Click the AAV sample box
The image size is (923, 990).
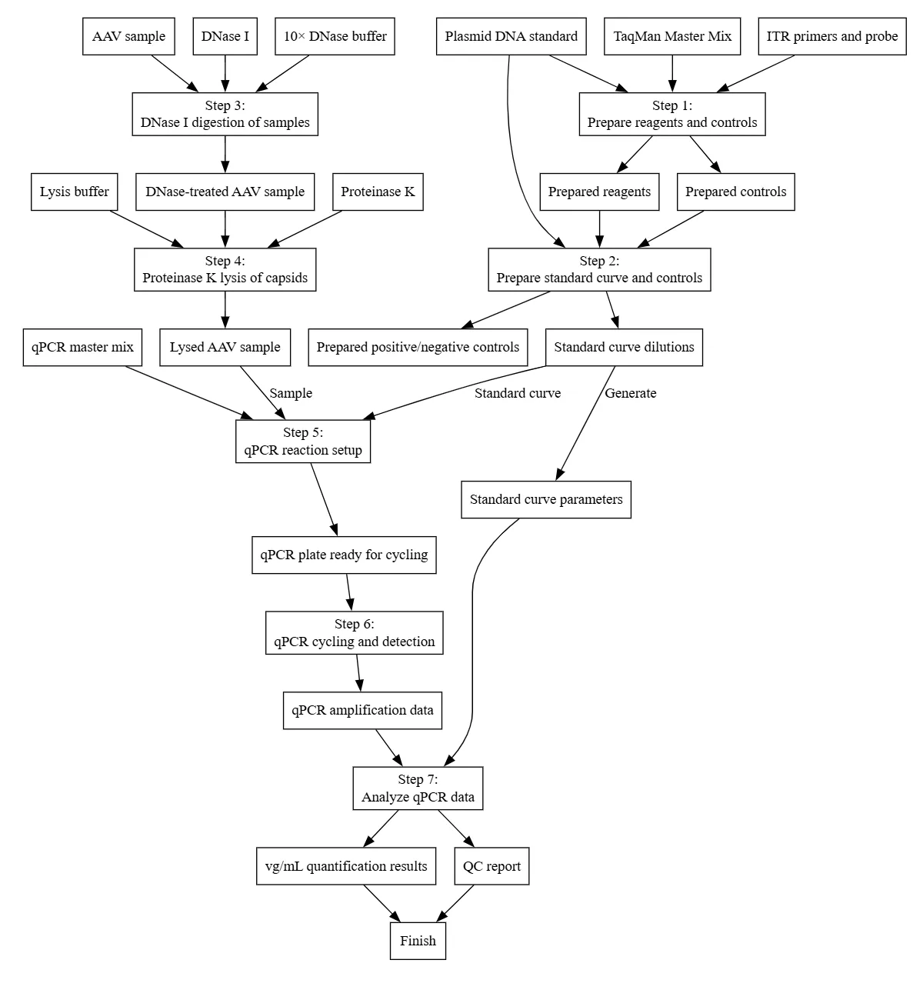128,36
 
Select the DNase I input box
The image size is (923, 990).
225,36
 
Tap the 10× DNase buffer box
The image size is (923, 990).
335,36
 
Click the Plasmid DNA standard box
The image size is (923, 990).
511,36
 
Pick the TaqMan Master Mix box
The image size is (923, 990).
672,36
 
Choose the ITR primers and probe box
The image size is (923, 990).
832,36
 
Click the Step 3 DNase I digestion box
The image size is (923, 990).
225,114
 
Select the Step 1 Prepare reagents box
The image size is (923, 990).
672,114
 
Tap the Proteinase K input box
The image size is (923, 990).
378,192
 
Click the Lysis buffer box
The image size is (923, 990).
75,192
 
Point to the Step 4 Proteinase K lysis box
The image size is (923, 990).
225,269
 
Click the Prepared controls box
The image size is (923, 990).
736,192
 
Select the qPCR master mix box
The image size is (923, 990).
82,347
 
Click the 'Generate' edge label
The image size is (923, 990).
631,393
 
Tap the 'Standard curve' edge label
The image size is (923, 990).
518,393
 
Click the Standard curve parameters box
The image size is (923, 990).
546,499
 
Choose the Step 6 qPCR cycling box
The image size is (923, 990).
355,632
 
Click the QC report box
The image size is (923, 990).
491,866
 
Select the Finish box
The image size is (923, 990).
418,941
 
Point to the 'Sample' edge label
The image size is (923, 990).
291,393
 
